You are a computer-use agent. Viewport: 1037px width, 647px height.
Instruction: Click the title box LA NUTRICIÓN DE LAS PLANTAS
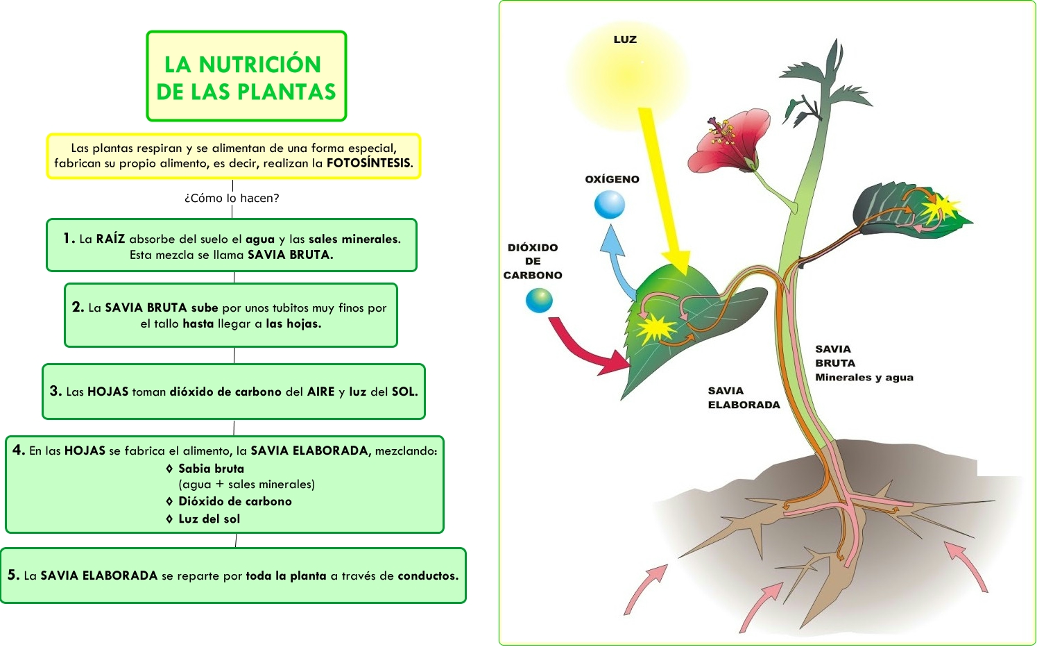(246, 76)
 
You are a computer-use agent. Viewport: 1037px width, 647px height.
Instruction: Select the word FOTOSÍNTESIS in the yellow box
(369, 163)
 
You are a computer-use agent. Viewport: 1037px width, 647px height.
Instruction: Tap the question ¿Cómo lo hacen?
(232, 198)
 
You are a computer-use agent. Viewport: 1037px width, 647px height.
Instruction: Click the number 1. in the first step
(69, 238)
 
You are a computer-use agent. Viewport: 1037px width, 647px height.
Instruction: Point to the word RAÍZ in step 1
(110, 239)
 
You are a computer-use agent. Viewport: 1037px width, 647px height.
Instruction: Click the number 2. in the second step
(78, 307)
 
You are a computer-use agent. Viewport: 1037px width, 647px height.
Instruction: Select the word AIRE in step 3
(321, 392)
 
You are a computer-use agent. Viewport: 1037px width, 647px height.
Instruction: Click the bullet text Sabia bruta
(211, 469)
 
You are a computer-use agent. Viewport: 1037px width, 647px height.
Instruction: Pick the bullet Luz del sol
(209, 519)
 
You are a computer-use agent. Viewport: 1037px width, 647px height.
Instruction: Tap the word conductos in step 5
(427, 575)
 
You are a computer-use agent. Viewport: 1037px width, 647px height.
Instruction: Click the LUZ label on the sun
(625, 40)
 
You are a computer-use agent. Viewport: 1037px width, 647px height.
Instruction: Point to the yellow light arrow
(662, 187)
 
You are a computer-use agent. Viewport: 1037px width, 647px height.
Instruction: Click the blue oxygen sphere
(610, 205)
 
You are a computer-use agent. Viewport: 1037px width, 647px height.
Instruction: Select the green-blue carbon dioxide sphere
(539, 300)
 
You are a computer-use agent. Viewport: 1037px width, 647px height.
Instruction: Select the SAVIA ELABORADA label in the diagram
(744, 398)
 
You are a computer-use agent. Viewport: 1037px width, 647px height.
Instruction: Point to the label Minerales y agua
(864, 378)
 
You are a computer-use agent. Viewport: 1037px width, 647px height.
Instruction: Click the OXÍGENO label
(612, 179)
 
